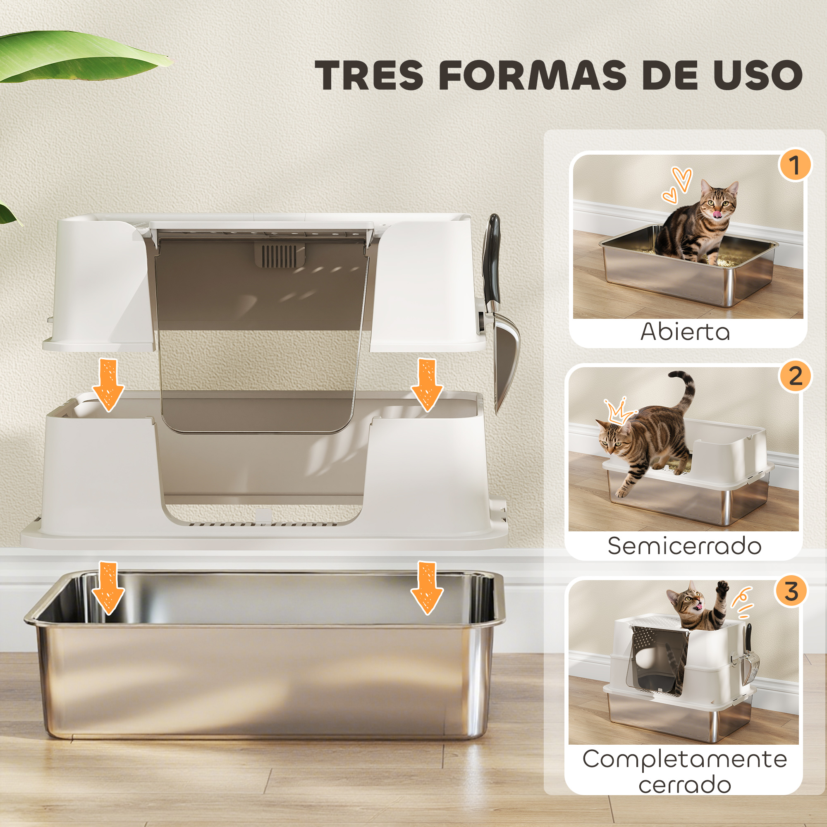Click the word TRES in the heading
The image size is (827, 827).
(x=371, y=74)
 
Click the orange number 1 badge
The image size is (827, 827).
(x=795, y=165)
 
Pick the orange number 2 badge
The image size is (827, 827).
(x=795, y=376)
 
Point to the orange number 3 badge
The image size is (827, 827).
(x=791, y=592)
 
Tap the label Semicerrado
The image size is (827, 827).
(x=684, y=546)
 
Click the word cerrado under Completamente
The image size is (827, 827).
(x=684, y=785)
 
